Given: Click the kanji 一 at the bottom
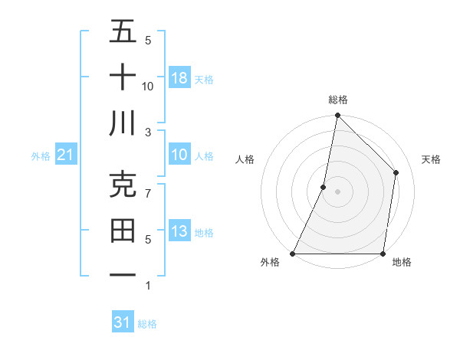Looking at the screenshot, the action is click(123, 276).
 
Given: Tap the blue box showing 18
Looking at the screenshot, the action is click(179, 78).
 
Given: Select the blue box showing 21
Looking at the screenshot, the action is click(65, 155).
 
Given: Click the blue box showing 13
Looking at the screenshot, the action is click(179, 231).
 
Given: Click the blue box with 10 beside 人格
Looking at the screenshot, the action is click(179, 155).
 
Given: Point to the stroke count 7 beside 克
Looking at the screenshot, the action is click(149, 194).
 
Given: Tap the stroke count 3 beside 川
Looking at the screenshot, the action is click(149, 132).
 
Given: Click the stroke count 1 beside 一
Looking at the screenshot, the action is click(148, 286).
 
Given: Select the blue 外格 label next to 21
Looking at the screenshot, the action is click(41, 156).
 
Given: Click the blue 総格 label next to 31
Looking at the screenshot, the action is click(147, 324).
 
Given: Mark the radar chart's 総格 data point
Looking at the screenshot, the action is click(337, 116).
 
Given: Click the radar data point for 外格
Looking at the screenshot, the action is click(293, 254).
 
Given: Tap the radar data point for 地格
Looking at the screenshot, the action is click(383, 254).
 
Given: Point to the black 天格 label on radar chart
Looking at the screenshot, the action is click(432, 159).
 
